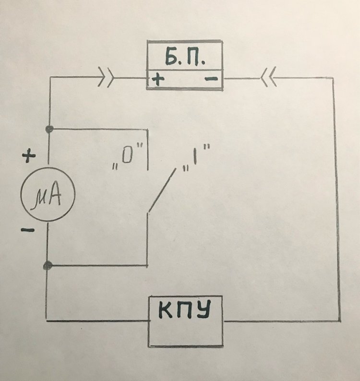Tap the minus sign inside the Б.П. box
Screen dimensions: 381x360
click(x=211, y=80)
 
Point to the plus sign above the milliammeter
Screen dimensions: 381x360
click(x=30, y=156)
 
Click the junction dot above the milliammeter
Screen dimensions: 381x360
click(x=48, y=129)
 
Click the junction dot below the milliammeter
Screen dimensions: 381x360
click(x=48, y=265)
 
